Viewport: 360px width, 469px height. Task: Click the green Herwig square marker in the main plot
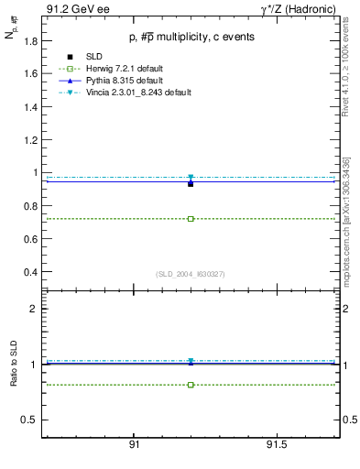[191, 219]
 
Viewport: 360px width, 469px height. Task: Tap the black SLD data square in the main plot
[191, 183]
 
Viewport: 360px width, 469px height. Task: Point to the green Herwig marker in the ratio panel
[191, 385]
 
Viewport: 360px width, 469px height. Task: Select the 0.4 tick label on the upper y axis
[31, 272]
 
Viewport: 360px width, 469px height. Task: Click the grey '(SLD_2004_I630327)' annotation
[190, 274]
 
